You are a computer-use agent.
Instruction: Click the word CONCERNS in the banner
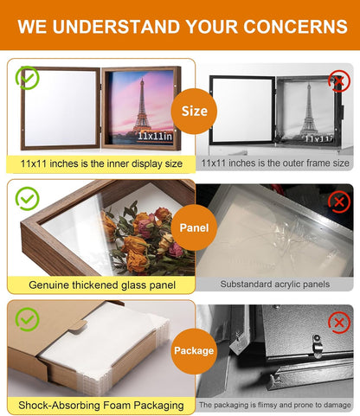295,27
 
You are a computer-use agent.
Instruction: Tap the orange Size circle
194,112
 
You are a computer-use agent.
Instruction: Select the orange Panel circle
194,227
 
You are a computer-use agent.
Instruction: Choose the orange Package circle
194,351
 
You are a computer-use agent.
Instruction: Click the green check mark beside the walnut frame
28,78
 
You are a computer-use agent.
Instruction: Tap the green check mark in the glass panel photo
28,199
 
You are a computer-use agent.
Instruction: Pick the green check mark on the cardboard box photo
28,319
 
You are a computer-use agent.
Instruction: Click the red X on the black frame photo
339,81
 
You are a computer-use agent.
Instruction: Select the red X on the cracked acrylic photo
339,202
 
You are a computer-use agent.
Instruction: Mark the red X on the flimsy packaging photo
339,323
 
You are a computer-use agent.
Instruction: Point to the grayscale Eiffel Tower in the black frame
309,110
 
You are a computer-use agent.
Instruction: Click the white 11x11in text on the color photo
155,136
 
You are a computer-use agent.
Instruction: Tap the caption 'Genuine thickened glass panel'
102,285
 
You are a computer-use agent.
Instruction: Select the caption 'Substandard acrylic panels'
275,285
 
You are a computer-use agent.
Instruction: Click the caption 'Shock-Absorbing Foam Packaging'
101,406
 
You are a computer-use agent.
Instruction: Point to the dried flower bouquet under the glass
147,240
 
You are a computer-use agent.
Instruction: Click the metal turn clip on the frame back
318,345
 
